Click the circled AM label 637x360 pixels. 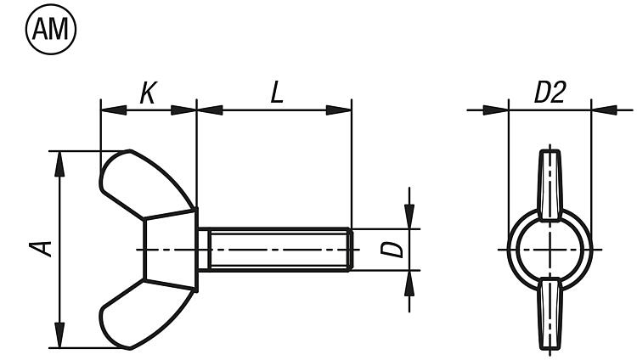(x=51, y=30)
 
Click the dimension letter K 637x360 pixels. (x=148, y=93)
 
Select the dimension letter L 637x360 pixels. (x=277, y=93)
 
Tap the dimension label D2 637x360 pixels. (x=550, y=93)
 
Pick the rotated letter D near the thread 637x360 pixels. (x=392, y=250)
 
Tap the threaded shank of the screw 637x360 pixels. (x=275, y=250)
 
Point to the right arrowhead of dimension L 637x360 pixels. (x=339, y=110)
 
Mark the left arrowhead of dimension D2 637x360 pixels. (x=496, y=110)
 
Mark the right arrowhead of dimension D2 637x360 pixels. (x=605, y=110)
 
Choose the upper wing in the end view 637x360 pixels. (x=550, y=185)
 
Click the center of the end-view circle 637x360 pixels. (x=550, y=250)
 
